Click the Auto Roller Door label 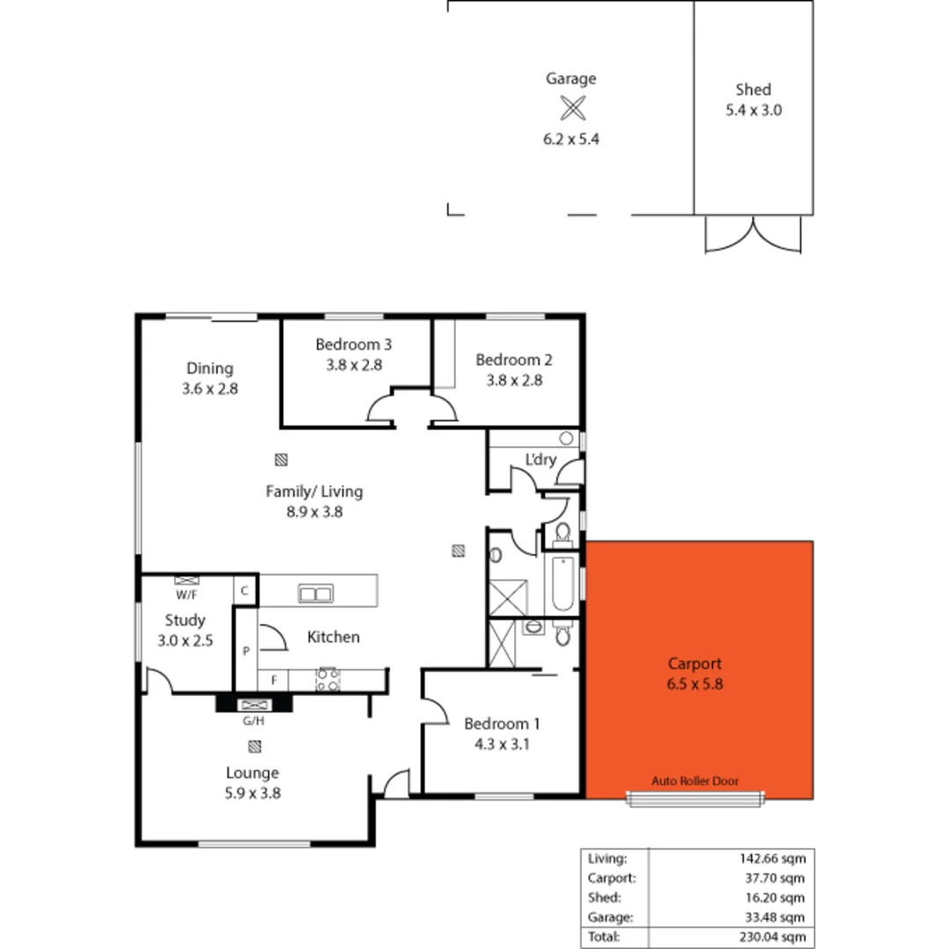click(694, 780)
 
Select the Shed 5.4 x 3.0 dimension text click(753, 111)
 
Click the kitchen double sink click(315, 594)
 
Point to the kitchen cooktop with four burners click(327, 678)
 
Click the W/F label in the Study click(185, 595)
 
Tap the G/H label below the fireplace click(253, 721)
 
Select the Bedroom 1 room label click(502, 724)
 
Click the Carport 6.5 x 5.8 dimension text click(694, 684)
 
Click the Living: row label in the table click(607, 858)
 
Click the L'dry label click(540, 460)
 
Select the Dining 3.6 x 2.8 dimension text click(210, 388)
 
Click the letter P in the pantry click(247, 651)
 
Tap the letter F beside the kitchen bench click(273, 679)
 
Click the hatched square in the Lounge click(254, 748)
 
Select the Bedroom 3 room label click(349, 344)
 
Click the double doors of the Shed click(753, 235)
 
